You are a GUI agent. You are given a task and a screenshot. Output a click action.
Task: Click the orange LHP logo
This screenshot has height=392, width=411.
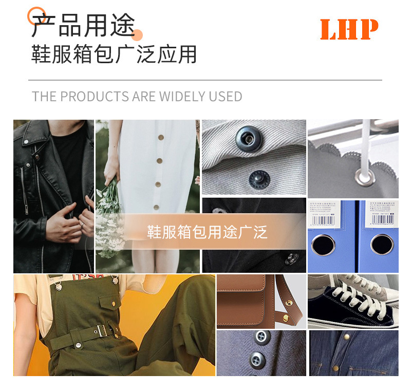(x=349, y=30)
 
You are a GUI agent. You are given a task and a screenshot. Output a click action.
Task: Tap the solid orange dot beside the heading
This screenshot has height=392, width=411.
(x=137, y=35)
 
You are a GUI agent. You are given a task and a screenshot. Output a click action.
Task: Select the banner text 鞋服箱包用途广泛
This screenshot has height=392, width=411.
(x=207, y=232)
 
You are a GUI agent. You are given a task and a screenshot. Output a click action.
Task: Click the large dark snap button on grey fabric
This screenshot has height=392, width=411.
(x=245, y=138)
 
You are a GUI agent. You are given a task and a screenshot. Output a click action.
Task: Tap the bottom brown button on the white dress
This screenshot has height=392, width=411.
(x=156, y=208)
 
